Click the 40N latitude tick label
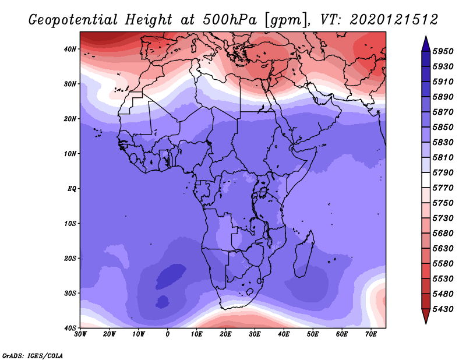click(x=70, y=49)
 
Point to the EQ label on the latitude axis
click(x=72, y=189)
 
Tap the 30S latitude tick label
click(x=70, y=293)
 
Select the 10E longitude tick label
click(x=196, y=334)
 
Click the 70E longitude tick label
click(x=371, y=334)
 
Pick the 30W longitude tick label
click(x=80, y=334)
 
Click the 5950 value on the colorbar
click(x=443, y=51)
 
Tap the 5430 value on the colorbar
click(x=443, y=309)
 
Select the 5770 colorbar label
click(x=443, y=188)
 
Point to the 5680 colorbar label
click(x=443, y=234)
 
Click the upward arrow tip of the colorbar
click(x=426, y=36)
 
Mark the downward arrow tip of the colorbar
click(x=426, y=323)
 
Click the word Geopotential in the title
click(x=73, y=20)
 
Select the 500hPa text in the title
click(x=230, y=20)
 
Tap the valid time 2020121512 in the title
click(x=394, y=20)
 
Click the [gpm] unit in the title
click(x=286, y=20)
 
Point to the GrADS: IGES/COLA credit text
click(x=33, y=355)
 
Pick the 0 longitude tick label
click(x=168, y=334)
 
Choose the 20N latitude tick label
click(x=70, y=119)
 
